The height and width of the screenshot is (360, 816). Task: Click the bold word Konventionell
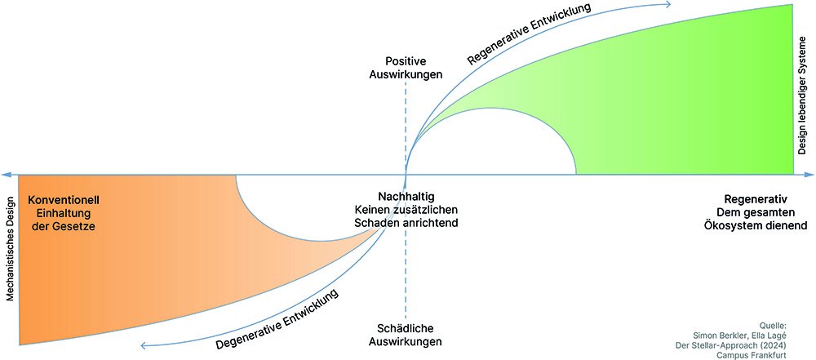(x=64, y=199)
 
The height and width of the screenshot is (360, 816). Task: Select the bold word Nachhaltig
(x=406, y=197)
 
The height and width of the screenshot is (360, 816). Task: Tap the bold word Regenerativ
(x=755, y=199)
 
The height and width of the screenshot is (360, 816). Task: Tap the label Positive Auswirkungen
(x=413, y=67)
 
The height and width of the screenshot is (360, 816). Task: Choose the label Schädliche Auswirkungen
(x=404, y=334)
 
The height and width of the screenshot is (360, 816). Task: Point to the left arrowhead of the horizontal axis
(x=5, y=175)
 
